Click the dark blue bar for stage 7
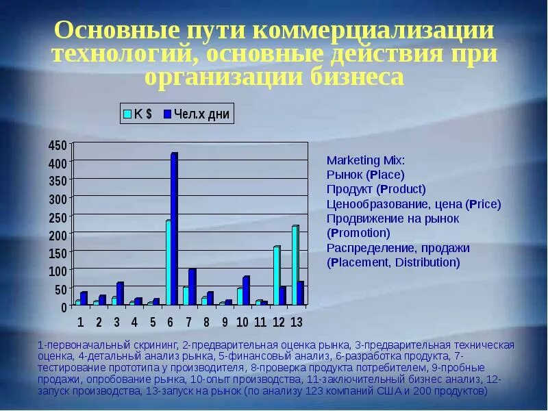coord(192,287)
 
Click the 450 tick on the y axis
coord(58,145)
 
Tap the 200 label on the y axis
coord(58,235)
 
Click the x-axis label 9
coord(225,322)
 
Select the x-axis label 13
coord(296,322)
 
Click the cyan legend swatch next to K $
coord(127,114)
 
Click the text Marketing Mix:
coord(366,160)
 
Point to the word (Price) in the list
coord(483,204)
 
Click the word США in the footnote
coord(393,391)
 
